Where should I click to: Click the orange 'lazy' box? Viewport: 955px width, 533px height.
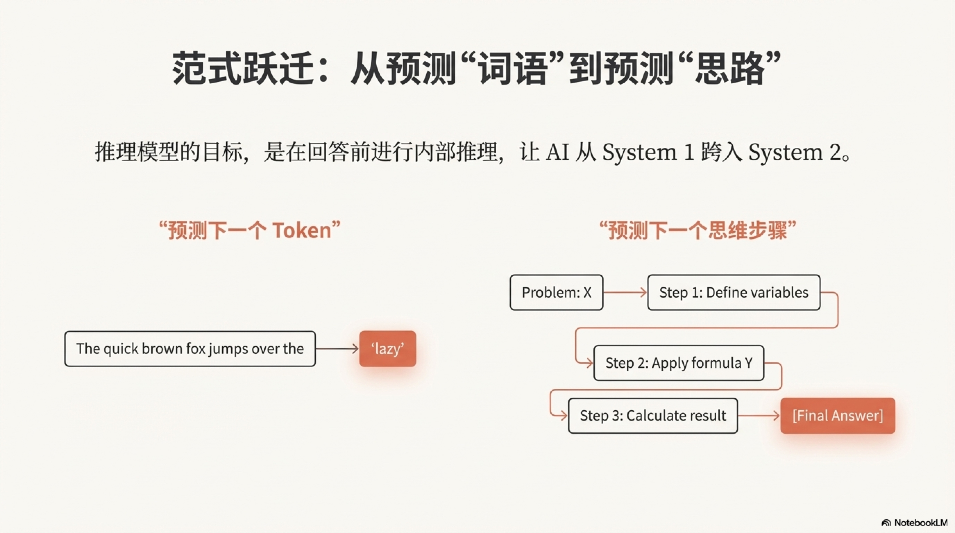387,349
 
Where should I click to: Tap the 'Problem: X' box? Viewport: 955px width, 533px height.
556,292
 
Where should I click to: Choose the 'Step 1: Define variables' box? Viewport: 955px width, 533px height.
734,292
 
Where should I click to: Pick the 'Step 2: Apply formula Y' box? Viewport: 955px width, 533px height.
679,363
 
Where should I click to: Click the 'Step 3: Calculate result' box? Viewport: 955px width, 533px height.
653,416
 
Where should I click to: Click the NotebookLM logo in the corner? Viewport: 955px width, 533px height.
914,523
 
